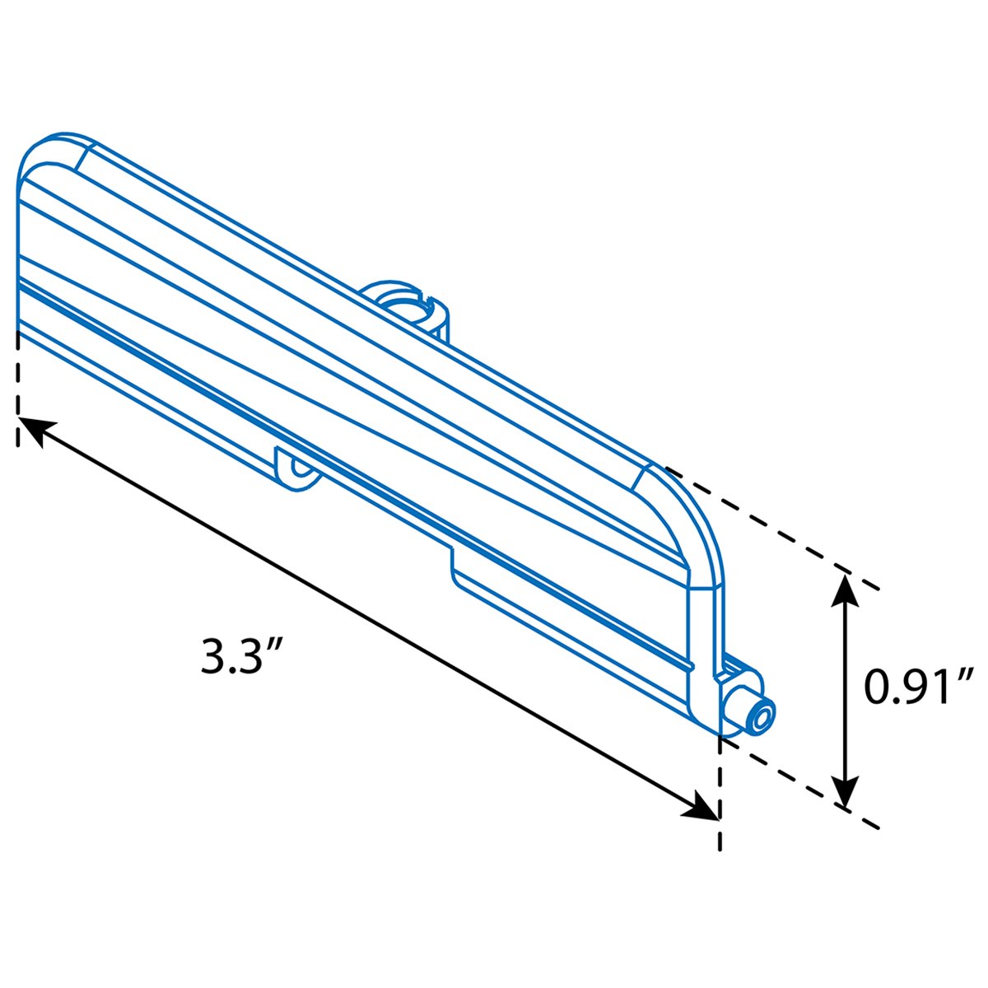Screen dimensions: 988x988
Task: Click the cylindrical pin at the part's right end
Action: [x=749, y=711]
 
